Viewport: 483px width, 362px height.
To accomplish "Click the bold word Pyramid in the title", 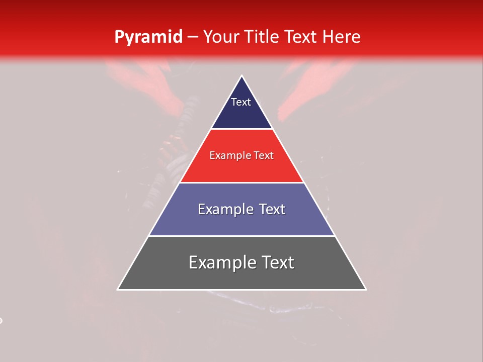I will coord(148,37).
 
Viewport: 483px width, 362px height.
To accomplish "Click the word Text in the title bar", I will coord(301,37).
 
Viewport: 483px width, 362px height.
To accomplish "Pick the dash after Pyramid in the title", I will coord(192,37).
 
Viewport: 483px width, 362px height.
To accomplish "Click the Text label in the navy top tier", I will coord(241,102).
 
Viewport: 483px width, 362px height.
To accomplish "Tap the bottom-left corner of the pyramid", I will coord(118,290).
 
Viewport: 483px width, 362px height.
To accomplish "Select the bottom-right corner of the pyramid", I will coord(366,290).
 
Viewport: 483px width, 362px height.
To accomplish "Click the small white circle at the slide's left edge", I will coord(1,320).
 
